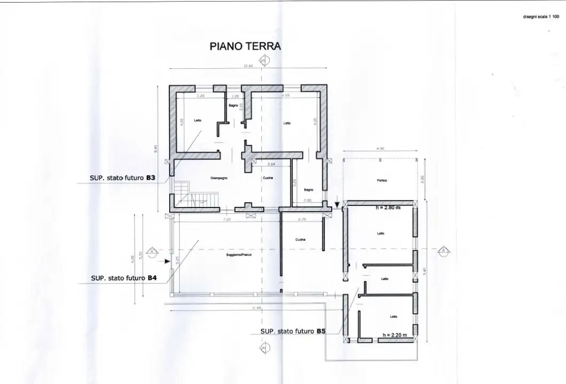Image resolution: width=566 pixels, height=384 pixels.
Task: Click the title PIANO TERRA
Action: [245, 46]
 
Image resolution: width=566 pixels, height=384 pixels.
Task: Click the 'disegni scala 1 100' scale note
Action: [541, 17]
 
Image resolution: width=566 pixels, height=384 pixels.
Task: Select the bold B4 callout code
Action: [152, 278]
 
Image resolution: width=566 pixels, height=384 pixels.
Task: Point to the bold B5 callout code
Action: [321, 331]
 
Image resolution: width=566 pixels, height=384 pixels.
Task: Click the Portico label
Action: [382, 181]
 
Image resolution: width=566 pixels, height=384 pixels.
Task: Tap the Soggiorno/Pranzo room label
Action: [239, 255]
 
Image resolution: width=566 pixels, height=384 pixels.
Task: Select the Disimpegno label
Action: [220, 178]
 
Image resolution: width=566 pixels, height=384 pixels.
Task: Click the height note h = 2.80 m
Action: [391, 207]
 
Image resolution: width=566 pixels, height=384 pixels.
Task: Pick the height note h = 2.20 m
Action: [395, 335]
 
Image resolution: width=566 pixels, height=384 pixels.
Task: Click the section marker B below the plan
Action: [262, 348]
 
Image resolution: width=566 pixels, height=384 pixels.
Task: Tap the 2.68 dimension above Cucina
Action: [271, 164]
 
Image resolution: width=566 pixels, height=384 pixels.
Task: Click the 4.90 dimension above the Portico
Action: [380, 148]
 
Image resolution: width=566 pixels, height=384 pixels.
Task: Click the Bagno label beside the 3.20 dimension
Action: [309, 189]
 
